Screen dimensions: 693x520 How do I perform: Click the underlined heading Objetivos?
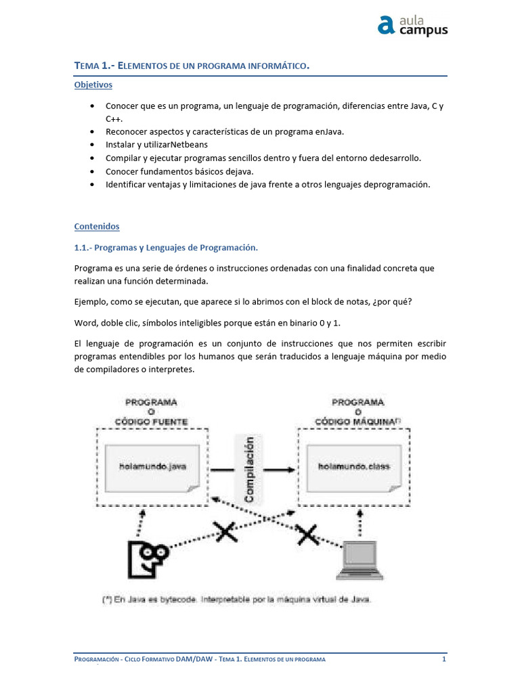(x=93, y=85)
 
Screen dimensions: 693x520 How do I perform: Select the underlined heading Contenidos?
(x=97, y=226)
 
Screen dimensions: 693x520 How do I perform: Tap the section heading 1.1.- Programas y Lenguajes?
(x=166, y=248)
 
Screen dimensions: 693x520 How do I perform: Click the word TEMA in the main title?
(x=86, y=66)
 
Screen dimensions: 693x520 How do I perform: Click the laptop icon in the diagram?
(x=359, y=560)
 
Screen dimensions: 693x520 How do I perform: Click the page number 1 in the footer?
(x=443, y=659)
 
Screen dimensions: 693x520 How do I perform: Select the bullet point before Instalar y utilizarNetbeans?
(x=92, y=145)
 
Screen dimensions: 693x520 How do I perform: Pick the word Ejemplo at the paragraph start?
(x=91, y=302)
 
